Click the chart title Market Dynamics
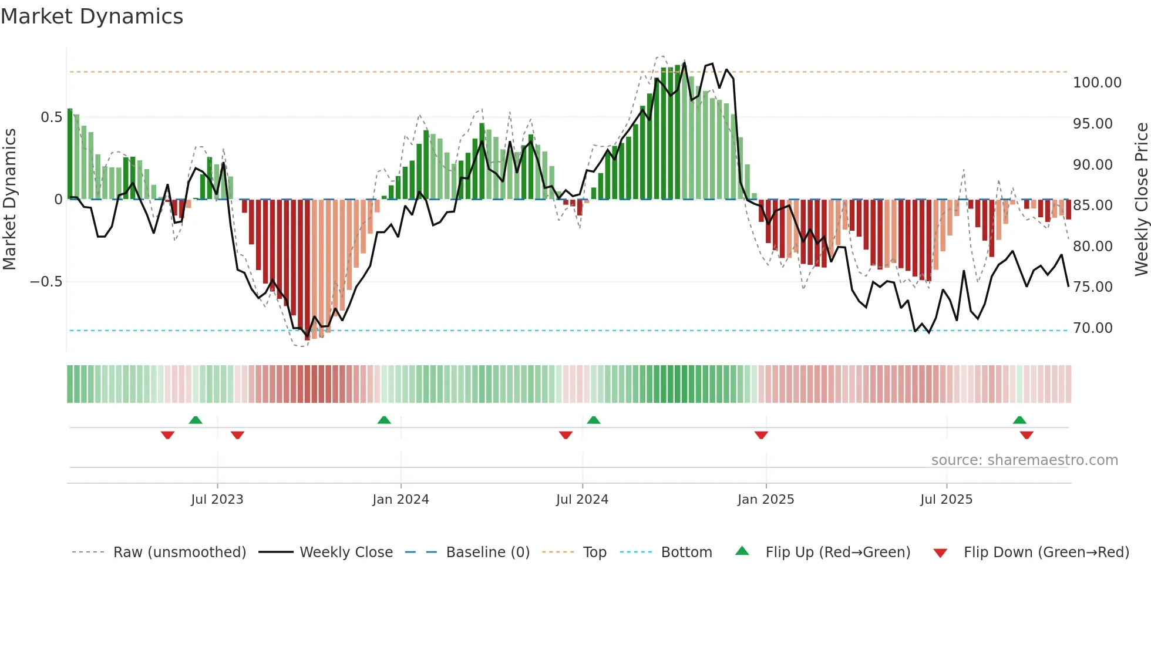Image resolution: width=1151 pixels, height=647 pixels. coord(92,16)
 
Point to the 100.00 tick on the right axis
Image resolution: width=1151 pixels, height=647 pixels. coord(1096,83)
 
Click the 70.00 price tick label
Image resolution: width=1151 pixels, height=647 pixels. coord(1092,328)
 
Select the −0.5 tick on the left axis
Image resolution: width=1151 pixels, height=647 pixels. coord(46,282)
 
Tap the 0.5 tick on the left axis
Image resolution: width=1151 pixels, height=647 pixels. coord(51,117)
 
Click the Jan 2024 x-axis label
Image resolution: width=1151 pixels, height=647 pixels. coord(401,500)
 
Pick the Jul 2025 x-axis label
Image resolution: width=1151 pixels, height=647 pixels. coord(946,500)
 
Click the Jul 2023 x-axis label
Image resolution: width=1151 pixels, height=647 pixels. coord(217,500)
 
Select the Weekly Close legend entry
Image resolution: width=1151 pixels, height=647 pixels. coord(346,552)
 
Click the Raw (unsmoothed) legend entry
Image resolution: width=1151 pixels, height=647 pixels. coord(179,552)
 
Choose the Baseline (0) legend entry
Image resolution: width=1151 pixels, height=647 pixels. coord(487,552)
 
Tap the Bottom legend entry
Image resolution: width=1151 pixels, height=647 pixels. coord(686,552)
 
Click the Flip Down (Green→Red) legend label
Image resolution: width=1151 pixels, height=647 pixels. coord(1046,552)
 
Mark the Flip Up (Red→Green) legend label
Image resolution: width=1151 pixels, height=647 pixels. coord(837,552)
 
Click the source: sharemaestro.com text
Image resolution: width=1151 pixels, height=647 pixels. coord(1024,460)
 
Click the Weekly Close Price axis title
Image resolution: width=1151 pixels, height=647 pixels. coord(1141,199)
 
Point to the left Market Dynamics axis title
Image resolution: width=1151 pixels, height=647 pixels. coord(9,199)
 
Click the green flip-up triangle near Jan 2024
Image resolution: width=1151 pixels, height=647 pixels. coord(384,420)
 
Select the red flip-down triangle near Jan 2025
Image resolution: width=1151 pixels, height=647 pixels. coord(761,435)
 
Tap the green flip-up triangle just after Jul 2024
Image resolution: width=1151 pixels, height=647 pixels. coord(594,420)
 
